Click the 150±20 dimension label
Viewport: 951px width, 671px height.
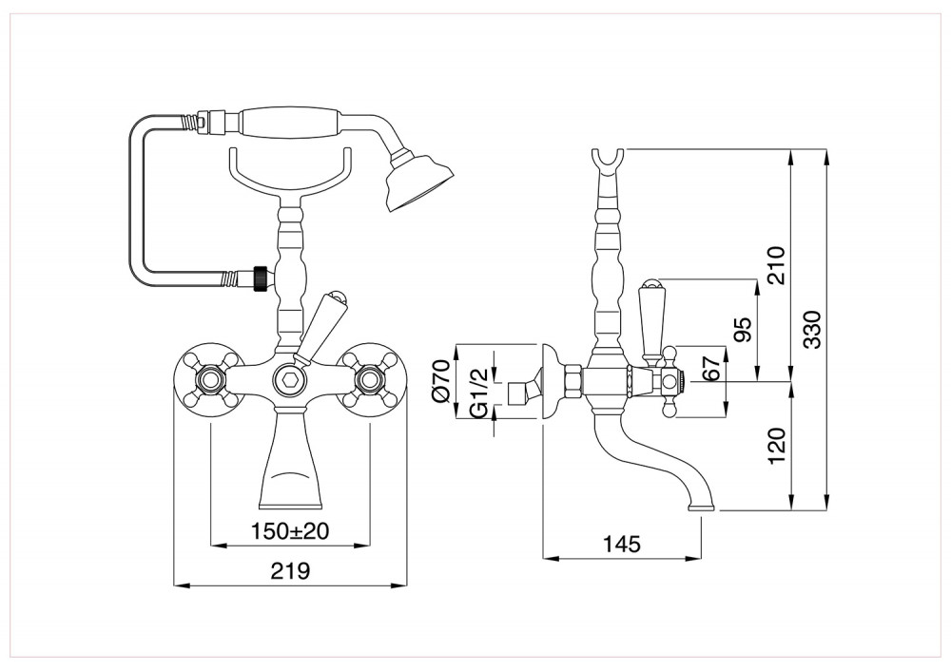(290, 531)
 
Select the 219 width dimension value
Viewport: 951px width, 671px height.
(290, 570)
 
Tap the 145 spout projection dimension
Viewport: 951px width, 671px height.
(622, 544)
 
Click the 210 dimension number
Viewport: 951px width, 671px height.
(776, 265)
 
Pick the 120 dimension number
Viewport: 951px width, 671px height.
(776, 446)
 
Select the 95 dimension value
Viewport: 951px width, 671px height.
(743, 329)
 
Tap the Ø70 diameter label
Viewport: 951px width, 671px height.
(441, 380)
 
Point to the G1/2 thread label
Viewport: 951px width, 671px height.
(479, 393)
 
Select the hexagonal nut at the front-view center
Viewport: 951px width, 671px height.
(289, 381)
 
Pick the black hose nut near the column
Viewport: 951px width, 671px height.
(261, 278)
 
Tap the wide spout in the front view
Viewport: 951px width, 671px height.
(290, 460)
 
